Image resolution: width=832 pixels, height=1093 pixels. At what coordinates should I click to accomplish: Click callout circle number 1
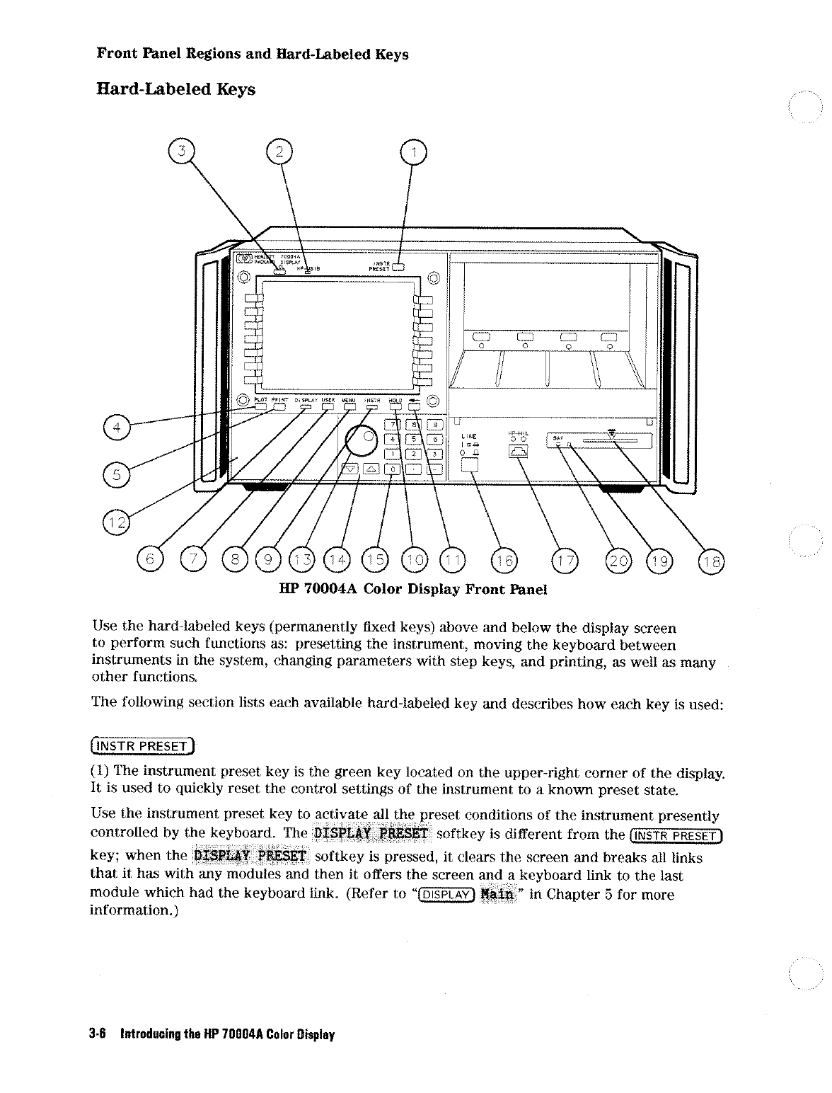(413, 152)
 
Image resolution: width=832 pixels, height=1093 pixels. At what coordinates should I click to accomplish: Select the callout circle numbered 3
(180, 152)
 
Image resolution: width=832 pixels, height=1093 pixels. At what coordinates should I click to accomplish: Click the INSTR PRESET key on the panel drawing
(399, 268)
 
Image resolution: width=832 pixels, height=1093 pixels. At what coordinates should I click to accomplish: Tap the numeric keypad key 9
(437, 425)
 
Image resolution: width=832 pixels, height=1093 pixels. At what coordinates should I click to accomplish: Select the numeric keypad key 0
(391, 468)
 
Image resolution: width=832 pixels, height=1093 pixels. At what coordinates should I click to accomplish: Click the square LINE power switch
(470, 464)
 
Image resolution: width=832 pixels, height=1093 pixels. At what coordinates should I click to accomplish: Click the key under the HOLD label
(396, 406)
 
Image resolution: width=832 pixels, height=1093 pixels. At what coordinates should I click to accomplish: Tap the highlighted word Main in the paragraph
(497, 894)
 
